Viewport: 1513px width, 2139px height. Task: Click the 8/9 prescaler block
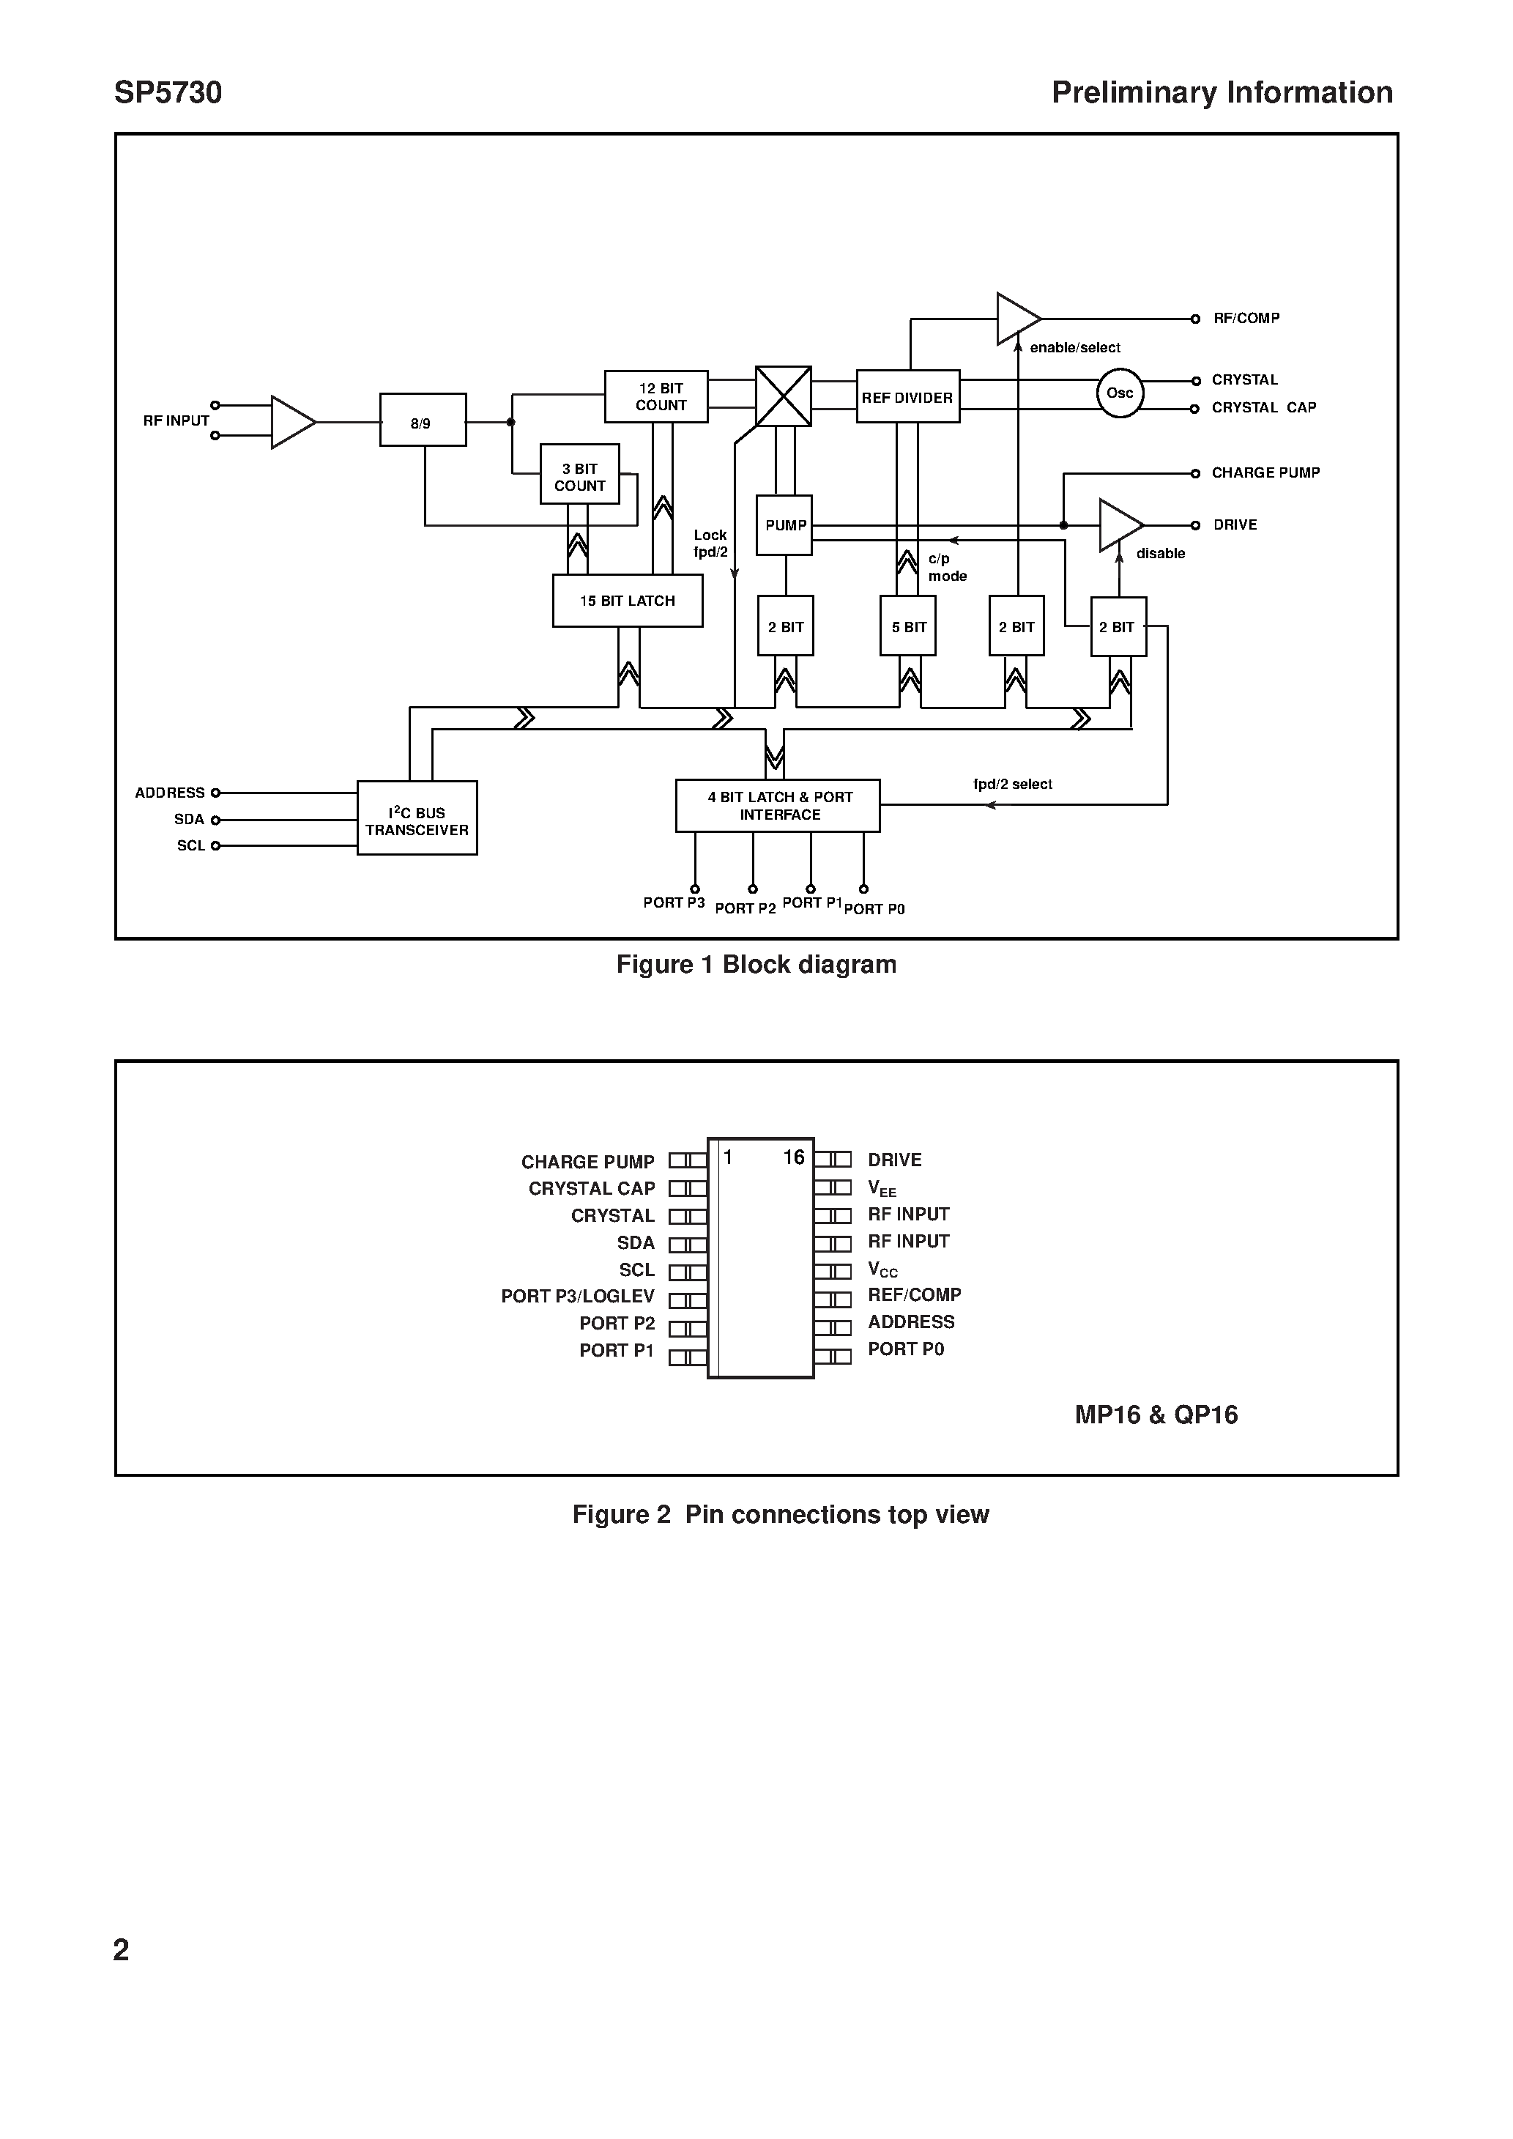422,420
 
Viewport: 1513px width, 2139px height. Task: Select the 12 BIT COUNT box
656,397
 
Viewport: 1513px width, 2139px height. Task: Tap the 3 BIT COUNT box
579,475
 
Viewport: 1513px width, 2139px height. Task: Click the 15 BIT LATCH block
627,601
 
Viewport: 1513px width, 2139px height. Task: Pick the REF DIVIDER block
907,398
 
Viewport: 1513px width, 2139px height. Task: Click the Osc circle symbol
1119,393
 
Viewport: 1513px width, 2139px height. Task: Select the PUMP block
784,525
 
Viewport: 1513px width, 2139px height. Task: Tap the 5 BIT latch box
908,627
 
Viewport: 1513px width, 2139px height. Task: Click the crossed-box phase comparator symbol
783,396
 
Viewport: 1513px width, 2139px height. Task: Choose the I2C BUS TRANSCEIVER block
417,819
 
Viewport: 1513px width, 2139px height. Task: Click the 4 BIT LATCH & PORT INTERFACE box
778,806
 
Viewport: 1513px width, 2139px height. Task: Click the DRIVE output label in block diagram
1235,525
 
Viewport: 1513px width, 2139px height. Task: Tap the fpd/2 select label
1012,785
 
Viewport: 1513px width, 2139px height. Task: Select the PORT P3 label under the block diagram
674,902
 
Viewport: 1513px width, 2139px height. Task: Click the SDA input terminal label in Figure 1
188,820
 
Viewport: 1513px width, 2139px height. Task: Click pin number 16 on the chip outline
793,1157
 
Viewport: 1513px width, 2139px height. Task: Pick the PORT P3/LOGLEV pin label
578,1297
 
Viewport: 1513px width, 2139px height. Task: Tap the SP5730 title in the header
168,93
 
